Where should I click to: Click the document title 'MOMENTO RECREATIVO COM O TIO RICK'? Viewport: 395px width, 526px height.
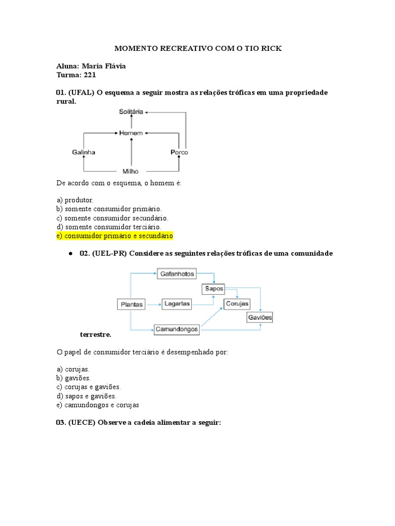point(197,49)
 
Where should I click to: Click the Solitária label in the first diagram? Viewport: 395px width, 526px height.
point(131,111)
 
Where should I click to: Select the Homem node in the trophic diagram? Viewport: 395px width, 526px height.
point(131,133)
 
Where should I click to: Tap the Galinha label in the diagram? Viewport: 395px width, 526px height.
point(83,153)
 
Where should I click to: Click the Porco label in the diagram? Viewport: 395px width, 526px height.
point(179,153)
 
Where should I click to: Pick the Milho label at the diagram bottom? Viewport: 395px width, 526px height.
point(131,172)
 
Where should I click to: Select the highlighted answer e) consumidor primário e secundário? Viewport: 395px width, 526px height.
point(115,236)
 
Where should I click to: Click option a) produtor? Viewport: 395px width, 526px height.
point(75,199)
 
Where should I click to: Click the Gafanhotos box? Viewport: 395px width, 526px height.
point(177,274)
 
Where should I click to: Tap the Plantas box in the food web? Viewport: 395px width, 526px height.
point(132,304)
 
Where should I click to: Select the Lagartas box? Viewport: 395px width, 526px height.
point(177,304)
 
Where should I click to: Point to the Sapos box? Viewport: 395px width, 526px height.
point(214,289)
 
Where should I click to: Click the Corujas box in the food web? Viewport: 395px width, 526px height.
point(237,304)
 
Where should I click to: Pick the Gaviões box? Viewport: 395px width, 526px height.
point(260,317)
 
